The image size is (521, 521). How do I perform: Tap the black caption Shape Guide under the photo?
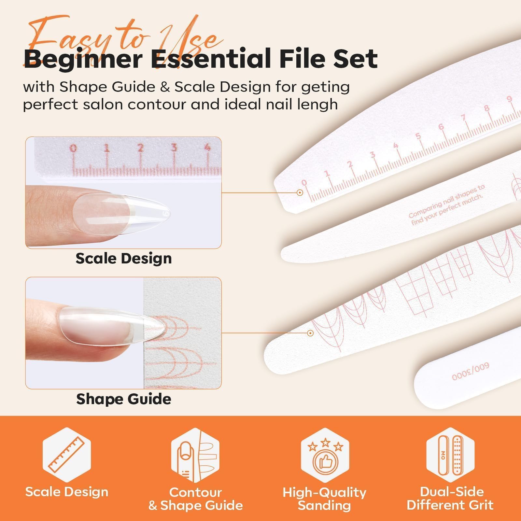(x=124, y=399)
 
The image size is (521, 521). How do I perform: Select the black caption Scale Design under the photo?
(x=124, y=259)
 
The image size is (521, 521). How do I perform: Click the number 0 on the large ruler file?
(x=304, y=183)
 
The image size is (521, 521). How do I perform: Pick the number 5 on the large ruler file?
(x=418, y=136)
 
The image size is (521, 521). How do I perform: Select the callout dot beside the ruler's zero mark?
(x=300, y=192)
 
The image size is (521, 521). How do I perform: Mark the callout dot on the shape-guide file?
(x=310, y=333)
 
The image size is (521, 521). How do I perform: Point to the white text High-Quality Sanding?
(x=324, y=499)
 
